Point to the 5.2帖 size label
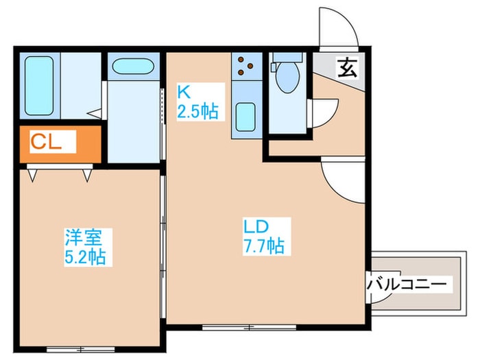[x=85, y=257]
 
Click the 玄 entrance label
[x=346, y=67]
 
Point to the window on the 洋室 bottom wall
[x=84, y=349]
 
